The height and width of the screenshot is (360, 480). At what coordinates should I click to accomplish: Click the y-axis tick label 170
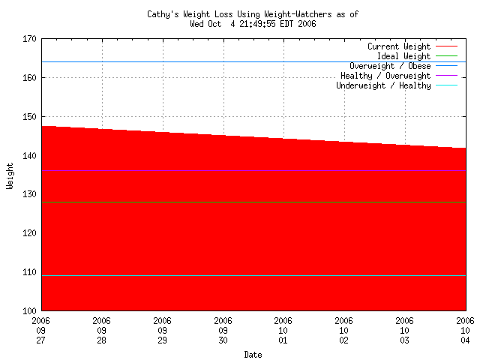click(31, 39)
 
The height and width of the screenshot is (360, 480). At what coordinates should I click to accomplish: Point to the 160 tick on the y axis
click(31, 78)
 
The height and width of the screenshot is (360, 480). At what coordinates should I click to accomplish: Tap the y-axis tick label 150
click(31, 117)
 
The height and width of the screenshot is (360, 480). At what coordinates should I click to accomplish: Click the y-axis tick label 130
click(31, 194)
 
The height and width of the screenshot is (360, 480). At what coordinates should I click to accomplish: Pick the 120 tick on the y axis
click(31, 233)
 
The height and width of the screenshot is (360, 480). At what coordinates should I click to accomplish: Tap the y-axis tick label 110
click(31, 272)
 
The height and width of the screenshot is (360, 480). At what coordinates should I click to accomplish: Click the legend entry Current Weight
click(398, 46)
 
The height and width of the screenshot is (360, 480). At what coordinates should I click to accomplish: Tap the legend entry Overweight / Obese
click(390, 66)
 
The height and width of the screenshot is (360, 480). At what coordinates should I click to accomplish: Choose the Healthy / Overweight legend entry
click(385, 76)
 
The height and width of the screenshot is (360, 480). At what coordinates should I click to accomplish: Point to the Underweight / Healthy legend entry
click(383, 85)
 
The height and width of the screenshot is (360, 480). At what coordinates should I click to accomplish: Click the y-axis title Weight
click(10, 175)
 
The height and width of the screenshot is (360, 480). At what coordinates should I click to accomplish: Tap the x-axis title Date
click(253, 355)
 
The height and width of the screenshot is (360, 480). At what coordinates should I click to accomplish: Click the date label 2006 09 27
click(41, 330)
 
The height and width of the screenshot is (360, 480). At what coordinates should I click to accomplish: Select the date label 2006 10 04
click(465, 330)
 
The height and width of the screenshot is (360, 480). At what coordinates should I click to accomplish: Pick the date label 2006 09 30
click(223, 330)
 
